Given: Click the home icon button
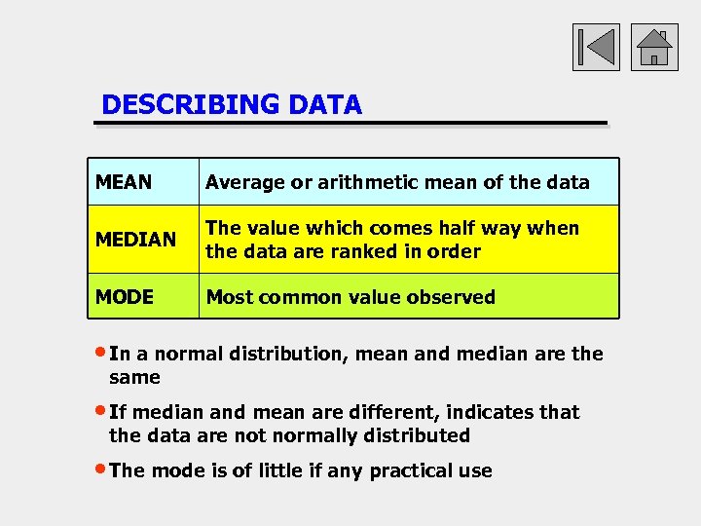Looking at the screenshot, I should [654, 47].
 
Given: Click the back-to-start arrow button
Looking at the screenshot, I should [595, 47].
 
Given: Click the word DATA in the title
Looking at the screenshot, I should [325, 105].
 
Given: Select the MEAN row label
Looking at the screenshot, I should [124, 182].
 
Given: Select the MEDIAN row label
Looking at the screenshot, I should [135, 240].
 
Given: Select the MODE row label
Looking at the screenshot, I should [125, 297].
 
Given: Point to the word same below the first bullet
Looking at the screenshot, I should [134, 377].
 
